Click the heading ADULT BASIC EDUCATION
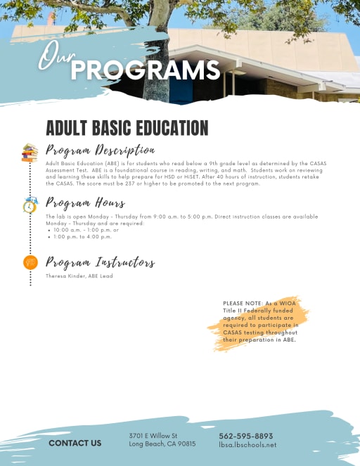point(127,128)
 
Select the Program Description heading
point(100,150)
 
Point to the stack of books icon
point(30,153)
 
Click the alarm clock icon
point(30,206)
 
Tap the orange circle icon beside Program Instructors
point(30,262)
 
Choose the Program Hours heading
point(86,203)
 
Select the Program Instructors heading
point(100,262)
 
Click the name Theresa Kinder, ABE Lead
point(76,276)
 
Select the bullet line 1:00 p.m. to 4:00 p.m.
point(82,237)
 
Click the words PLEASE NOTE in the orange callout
point(241,303)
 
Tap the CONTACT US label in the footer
point(75,443)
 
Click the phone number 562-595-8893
point(245,436)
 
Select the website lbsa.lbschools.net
point(247,445)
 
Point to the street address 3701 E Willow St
point(153,436)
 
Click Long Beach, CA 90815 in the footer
point(162,444)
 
